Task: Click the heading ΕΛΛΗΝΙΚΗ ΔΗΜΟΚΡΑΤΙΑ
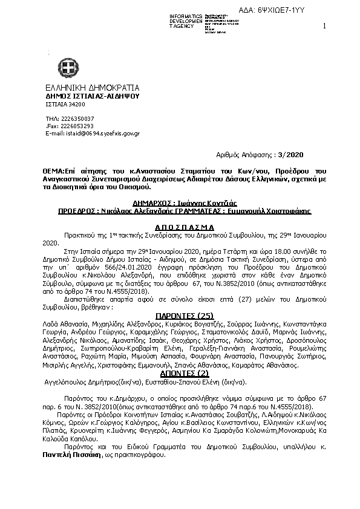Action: pos(93,87)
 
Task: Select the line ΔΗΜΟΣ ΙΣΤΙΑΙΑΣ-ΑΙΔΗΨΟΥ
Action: pos(92,96)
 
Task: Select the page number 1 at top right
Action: pos(325,25)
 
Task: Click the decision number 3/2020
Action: pos(273,155)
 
